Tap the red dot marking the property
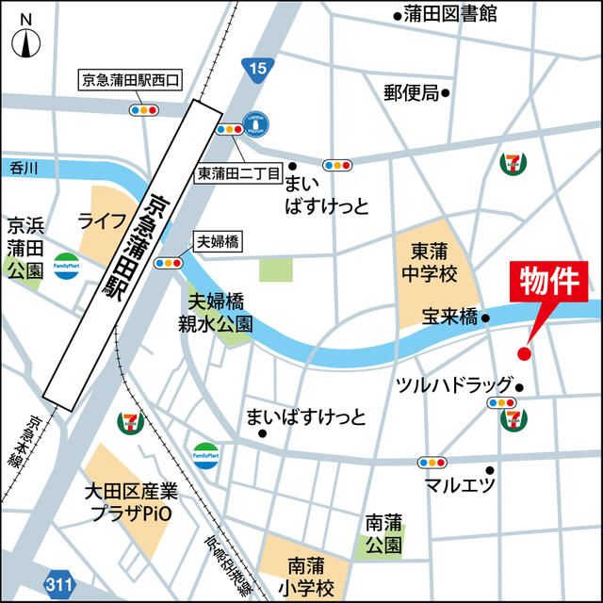point(525,353)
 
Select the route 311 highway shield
point(59,586)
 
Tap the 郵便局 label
point(412,92)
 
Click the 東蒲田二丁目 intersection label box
point(239,173)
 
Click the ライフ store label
point(102,221)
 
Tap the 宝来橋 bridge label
point(450,318)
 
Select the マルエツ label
point(460,485)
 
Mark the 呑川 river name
point(22,168)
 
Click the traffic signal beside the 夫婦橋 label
point(169,263)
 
